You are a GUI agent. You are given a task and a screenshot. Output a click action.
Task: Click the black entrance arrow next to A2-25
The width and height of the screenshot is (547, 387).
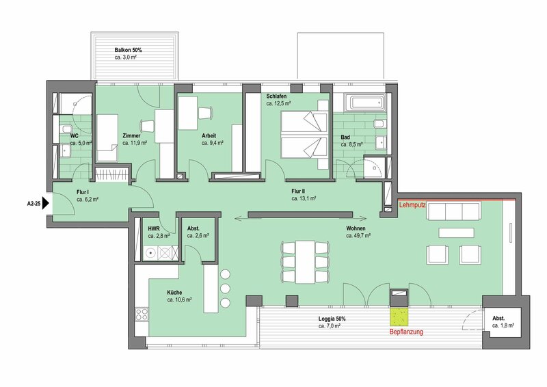pos(45,204)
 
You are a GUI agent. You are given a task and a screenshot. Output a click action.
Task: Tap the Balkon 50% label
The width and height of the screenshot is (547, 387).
pos(128,50)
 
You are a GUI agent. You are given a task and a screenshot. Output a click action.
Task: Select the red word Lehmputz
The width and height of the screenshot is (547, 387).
pos(412,206)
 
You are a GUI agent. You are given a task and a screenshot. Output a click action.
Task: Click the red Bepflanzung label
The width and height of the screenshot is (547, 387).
pos(406,332)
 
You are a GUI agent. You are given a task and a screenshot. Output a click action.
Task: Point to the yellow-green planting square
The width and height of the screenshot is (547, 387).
pos(399,317)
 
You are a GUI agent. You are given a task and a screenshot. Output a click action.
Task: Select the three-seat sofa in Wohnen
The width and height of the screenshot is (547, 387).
pos(454,211)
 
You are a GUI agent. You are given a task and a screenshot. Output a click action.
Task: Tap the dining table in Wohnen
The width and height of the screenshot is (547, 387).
pos(306,262)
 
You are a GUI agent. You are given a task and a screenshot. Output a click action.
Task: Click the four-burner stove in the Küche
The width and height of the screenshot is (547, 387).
pos(142,314)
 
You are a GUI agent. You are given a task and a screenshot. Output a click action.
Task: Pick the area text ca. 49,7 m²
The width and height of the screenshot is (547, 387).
pos(358,235)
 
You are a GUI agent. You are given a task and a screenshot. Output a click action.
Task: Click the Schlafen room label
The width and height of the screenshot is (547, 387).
pos(277,96)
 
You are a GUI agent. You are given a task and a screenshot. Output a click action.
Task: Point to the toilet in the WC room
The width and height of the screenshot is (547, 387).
pos(65,129)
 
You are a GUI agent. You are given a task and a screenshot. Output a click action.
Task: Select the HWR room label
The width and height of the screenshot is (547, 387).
pos(153,228)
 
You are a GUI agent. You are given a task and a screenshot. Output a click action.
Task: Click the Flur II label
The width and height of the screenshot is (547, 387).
pos(298,191)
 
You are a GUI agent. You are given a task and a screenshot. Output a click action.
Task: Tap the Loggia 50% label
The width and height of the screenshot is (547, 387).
pos(332,319)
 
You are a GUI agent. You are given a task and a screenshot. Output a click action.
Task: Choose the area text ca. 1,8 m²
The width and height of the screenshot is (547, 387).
pos(503,325)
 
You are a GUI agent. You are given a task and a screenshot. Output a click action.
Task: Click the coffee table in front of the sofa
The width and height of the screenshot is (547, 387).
pos(456,232)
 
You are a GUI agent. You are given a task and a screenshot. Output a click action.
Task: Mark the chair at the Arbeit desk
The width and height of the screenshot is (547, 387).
pos(205,113)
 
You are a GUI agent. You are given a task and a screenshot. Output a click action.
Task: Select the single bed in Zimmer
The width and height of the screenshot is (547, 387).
pos(107,138)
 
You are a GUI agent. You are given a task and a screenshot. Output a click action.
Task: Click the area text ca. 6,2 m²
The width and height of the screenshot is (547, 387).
pos(88,200)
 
